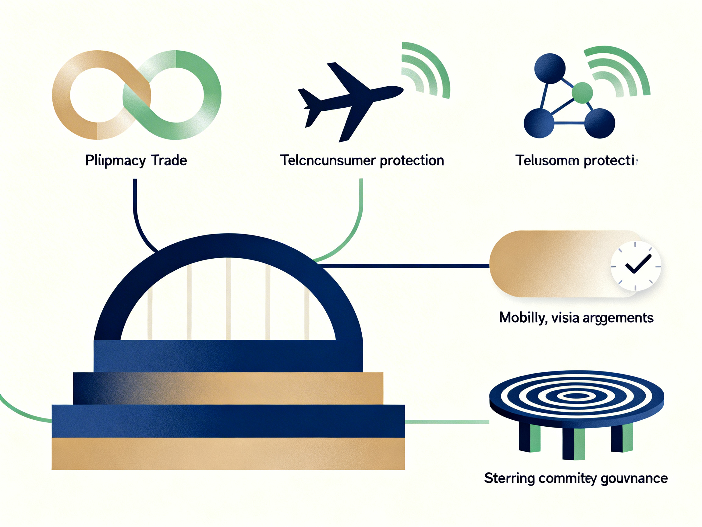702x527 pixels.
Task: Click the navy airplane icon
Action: tap(349, 99)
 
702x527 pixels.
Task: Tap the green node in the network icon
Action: tap(582, 93)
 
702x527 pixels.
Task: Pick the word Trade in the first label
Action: tap(169, 160)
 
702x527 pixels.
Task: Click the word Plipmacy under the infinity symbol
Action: tap(115, 161)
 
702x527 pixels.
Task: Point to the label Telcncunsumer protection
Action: tap(362, 160)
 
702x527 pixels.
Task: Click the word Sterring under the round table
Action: tap(509, 479)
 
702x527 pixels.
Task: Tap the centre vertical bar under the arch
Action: tap(228, 299)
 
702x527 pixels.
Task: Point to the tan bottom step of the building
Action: tap(228, 454)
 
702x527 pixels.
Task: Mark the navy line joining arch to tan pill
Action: tap(406, 266)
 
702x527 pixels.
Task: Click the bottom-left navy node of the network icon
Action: tap(539, 123)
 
